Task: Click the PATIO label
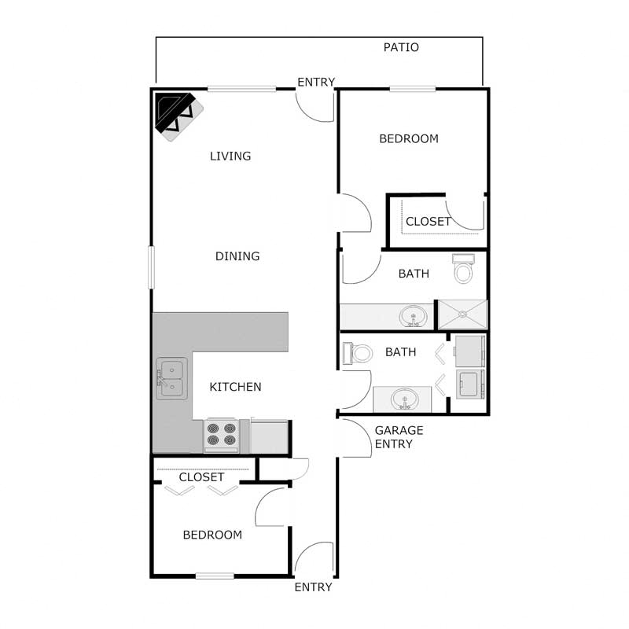[401, 47]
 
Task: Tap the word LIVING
[230, 156]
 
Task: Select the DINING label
[237, 256]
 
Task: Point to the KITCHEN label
[235, 387]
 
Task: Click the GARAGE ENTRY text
[399, 437]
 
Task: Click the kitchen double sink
[171, 378]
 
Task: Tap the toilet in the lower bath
[360, 352]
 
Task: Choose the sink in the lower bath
[405, 399]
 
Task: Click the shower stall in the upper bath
[462, 314]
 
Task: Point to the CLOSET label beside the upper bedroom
[429, 222]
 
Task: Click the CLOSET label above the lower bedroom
[201, 477]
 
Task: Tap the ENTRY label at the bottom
[313, 587]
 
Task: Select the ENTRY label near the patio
[316, 83]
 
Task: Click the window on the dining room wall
[152, 267]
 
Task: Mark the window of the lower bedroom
[215, 576]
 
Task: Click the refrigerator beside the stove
[269, 436]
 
